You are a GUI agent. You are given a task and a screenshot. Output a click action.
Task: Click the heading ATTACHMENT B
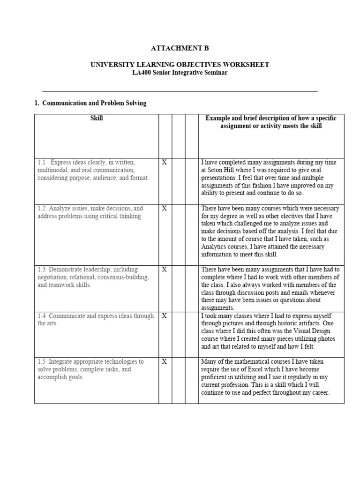[180, 48]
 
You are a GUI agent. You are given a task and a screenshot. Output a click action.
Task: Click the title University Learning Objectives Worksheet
[180, 65]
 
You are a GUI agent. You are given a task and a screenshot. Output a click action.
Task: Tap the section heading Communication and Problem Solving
[94, 103]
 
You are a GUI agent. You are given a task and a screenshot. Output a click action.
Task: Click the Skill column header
[97, 119]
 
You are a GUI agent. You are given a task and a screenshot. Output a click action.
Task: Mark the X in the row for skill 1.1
[164, 162]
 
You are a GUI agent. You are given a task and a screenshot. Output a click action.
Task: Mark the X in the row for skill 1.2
[164, 208]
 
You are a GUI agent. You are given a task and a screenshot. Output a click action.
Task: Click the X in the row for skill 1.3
[164, 270]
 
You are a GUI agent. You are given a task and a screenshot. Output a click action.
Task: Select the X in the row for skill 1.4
[164, 316]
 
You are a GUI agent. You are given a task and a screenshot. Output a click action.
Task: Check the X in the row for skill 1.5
[164, 362]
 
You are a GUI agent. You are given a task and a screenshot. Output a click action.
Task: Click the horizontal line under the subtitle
[180, 91]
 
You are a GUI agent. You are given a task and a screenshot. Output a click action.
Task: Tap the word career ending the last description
[320, 393]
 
